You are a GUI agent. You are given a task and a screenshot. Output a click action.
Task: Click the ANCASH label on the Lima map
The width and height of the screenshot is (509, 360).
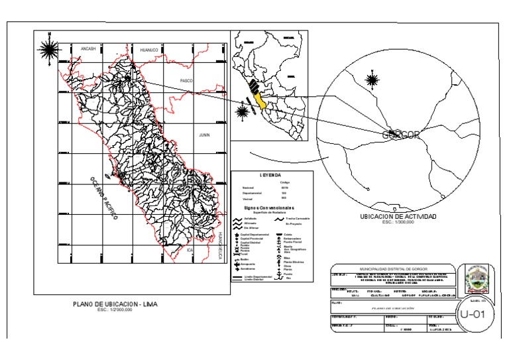pyautogui.click(x=89, y=49)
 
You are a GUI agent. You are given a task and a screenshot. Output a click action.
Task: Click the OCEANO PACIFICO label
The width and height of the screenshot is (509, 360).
pyautogui.click(x=103, y=197)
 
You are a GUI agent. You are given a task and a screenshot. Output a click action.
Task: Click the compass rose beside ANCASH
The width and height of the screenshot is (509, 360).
pyautogui.click(x=48, y=49)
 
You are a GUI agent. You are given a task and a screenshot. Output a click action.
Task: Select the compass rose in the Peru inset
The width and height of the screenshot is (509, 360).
pyautogui.click(x=243, y=110)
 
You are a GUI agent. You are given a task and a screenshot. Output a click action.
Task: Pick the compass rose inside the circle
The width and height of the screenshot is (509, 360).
pyautogui.click(x=372, y=80)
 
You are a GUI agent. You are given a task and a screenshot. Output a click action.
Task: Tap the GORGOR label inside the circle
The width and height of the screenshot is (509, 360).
pyautogui.click(x=401, y=135)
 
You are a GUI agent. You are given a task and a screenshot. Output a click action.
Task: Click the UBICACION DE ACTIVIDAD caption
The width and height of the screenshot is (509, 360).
pyautogui.click(x=397, y=217)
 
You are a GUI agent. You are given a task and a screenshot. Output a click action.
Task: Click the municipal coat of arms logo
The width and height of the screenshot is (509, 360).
pyautogui.click(x=477, y=280)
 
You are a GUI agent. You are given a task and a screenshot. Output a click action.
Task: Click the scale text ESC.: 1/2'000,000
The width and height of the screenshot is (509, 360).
pyautogui.click(x=115, y=310)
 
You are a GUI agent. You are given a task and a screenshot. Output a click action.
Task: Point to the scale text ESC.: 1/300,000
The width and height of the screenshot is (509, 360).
pyautogui.click(x=397, y=222)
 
